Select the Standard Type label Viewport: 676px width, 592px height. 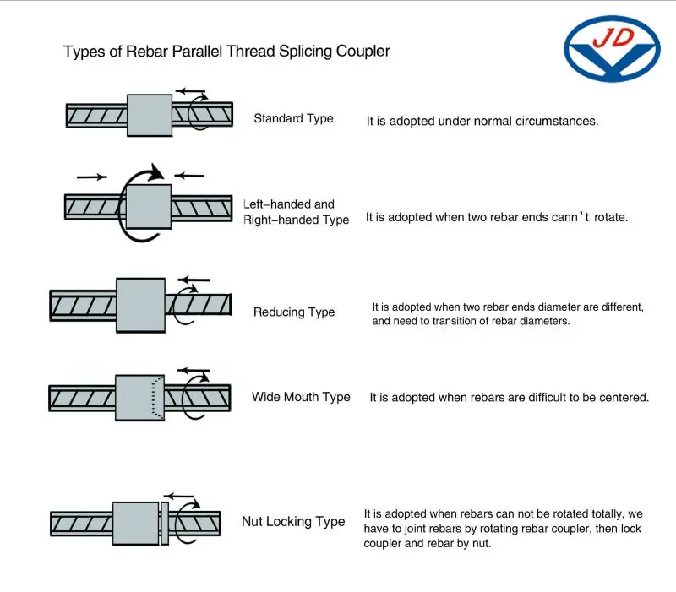[x=293, y=119]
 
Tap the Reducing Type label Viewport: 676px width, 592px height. [x=294, y=312]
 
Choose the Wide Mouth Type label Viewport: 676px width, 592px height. [x=301, y=397]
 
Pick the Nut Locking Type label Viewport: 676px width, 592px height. [x=293, y=522]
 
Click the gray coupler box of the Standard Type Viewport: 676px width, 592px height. [x=150, y=115]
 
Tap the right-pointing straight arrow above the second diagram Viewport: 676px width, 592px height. [x=91, y=177]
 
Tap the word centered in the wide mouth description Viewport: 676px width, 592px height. [x=623, y=398]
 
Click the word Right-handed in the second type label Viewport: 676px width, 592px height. [x=274, y=220]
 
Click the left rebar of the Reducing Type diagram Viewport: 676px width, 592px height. [x=83, y=304]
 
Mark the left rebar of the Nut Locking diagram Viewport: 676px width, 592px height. [x=81, y=524]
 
